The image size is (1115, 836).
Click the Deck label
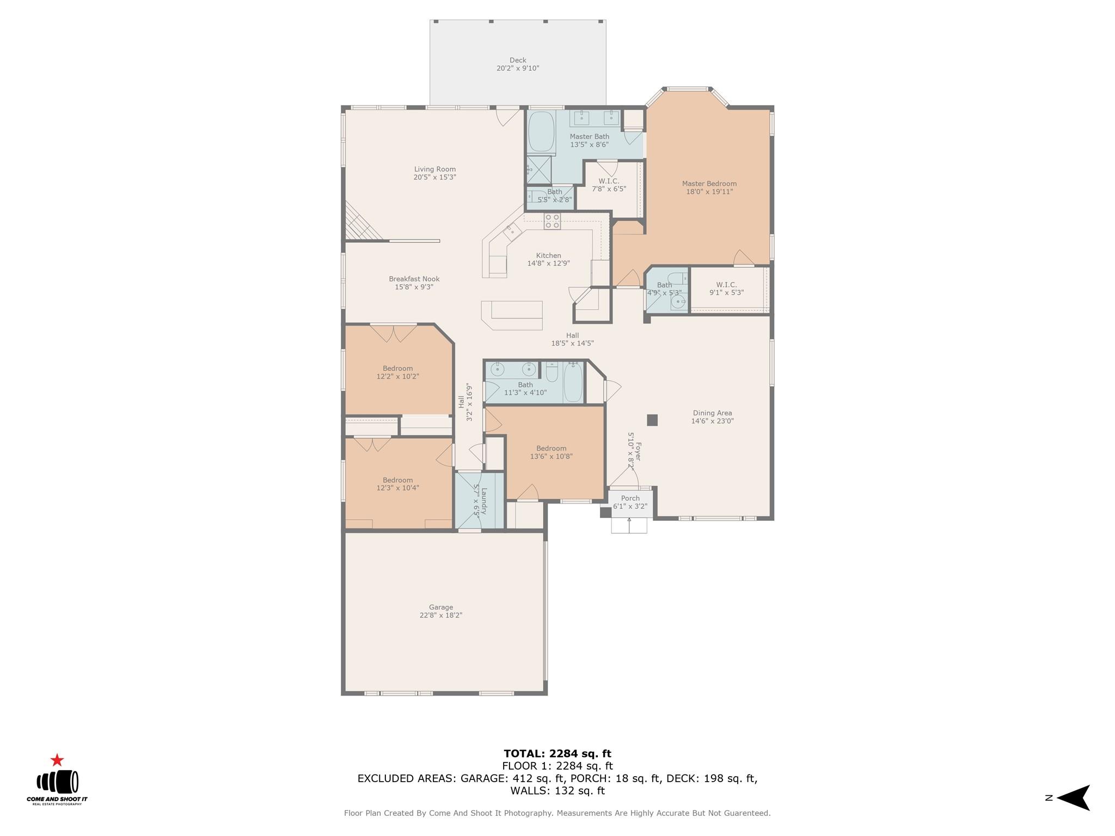pyautogui.click(x=518, y=60)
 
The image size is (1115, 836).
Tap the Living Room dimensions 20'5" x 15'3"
pyautogui.click(x=434, y=177)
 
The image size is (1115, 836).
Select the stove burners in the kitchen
pyautogui.click(x=552, y=221)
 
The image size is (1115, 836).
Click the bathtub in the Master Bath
pyautogui.click(x=540, y=132)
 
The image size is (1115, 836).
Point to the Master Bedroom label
pyautogui.click(x=709, y=184)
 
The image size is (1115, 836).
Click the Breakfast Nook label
pyautogui.click(x=414, y=279)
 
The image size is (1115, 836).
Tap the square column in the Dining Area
pyautogui.click(x=652, y=420)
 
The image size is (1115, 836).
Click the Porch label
pyautogui.click(x=630, y=499)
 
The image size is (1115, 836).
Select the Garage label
pyautogui.click(x=440, y=607)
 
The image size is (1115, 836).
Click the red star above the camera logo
pyautogui.click(x=57, y=760)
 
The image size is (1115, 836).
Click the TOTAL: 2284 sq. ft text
pyautogui.click(x=557, y=754)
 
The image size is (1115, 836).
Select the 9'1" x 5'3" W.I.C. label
pyautogui.click(x=726, y=285)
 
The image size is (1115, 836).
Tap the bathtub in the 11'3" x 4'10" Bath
pyautogui.click(x=572, y=383)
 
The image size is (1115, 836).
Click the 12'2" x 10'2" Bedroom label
pyautogui.click(x=397, y=368)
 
